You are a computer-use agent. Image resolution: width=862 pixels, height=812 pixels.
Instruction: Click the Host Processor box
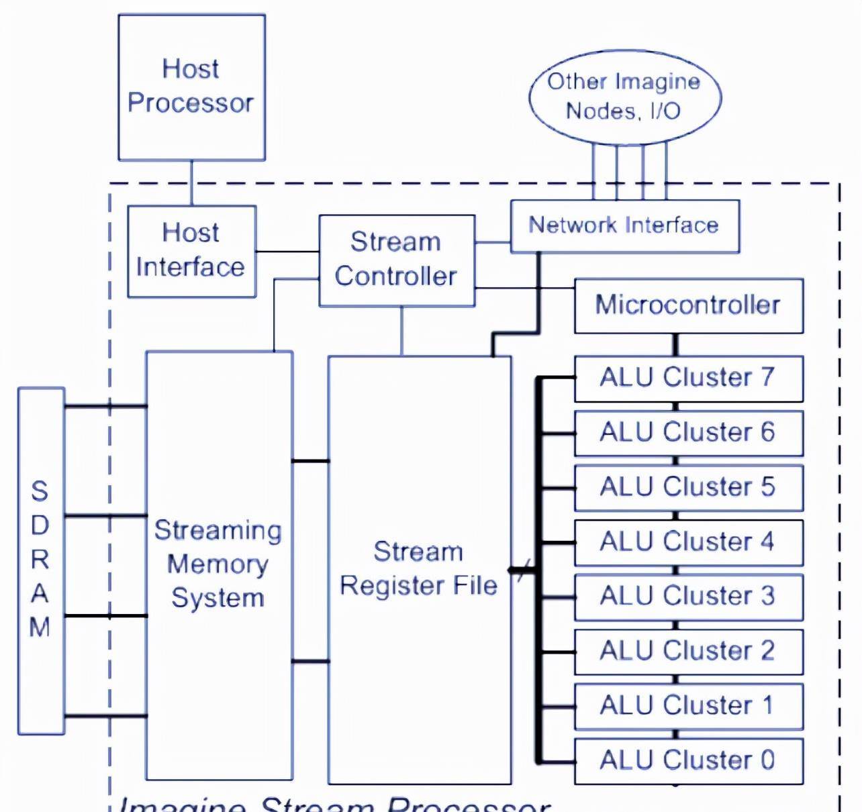click(191, 87)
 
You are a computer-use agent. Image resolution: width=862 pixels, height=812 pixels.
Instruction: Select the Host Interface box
click(191, 251)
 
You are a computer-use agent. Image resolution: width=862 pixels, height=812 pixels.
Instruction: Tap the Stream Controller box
click(396, 260)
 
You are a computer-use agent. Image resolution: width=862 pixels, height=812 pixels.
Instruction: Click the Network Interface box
click(624, 225)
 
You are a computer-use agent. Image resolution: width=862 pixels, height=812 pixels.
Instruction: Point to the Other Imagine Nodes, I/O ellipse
click(624, 96)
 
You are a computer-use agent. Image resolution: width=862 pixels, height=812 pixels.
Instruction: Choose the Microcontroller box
click(688, 305)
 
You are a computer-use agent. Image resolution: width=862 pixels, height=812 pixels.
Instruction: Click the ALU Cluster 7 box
click(688, 378)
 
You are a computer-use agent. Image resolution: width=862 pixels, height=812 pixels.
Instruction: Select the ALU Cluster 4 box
click(688, 542)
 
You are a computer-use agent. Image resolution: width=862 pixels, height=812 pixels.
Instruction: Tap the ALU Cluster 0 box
click(688, 761)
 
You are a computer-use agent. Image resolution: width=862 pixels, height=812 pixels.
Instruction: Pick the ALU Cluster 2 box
click(688, 651)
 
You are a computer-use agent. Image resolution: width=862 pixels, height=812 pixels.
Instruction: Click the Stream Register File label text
click(418, 569)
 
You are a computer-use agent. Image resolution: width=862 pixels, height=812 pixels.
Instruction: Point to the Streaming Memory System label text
click(218, 564)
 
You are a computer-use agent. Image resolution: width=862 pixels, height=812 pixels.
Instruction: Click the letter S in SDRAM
click(40, 491)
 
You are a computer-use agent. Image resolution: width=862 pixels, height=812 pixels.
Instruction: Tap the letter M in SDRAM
click(40, 627)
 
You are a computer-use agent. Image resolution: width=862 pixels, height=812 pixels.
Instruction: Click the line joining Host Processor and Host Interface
click(191, 183)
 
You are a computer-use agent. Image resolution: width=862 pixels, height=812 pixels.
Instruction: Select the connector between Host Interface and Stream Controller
click(287, 252)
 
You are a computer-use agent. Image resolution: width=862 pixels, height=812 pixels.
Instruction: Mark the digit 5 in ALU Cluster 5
click(767, 487)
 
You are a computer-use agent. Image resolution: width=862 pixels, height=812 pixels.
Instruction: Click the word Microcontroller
click(687, 305)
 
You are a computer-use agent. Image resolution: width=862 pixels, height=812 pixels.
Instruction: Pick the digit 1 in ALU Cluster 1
click(767, 706)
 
